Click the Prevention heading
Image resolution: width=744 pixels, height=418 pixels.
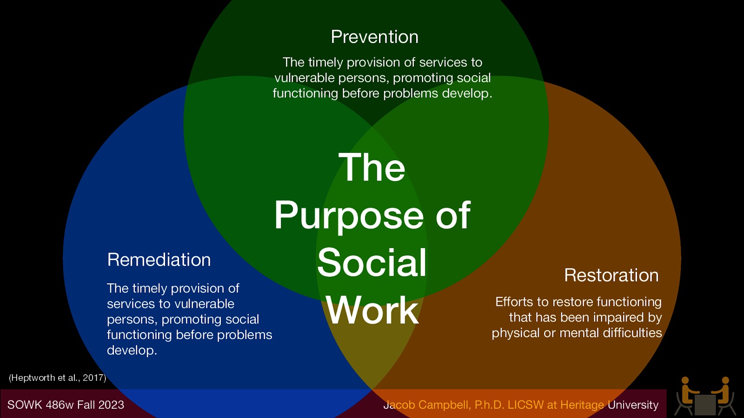(374, 37)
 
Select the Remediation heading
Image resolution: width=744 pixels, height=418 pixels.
(159, 260)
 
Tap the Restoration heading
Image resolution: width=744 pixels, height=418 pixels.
(611, 275)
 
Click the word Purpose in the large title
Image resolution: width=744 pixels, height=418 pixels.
(349, 216)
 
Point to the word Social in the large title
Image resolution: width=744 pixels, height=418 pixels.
(372, 263)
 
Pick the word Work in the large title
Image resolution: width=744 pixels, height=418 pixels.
(372, 310)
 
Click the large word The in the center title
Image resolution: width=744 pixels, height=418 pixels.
(372, 168)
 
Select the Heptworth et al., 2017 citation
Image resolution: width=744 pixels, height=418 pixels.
(57, 378)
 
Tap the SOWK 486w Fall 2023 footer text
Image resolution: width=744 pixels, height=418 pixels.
(66, 405)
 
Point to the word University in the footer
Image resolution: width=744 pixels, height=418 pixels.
(633, 405)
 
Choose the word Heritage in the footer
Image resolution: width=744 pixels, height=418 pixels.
(582, 405)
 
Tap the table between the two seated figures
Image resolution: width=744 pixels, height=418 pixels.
(705, 404)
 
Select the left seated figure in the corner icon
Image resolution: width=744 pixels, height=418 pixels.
(686, 396)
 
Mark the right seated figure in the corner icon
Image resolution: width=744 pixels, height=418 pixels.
(724, 396)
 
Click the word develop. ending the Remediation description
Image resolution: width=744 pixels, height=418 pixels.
(132, 351)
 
